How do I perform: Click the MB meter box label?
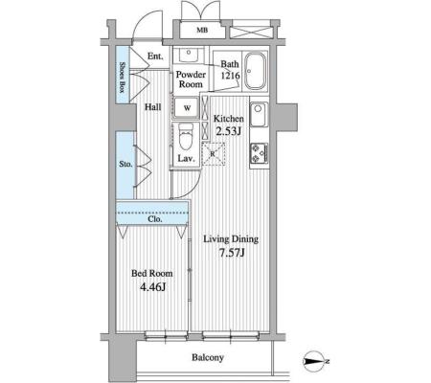point(202,30)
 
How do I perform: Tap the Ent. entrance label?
point(155,56)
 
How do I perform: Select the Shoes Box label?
point(122,78)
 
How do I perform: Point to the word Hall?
point(153,107)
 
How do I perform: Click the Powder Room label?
point(191,79)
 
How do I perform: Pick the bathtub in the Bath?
point(255,71)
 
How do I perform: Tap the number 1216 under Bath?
point(230,76)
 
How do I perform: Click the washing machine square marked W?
point(187,107)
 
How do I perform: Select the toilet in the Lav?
point(186,136)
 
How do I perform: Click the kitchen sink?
point(259,114)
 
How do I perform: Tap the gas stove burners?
point(259,152)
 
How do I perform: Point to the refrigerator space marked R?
point(214,154)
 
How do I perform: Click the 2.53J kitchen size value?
point(228,130)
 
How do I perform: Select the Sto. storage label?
point(125,164)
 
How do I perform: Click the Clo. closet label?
point(155,219)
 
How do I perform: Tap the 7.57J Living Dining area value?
point(232,253)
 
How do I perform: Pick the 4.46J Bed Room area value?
point(153,287)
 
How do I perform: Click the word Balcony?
point(208,357)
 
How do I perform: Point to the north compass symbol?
point(314,361)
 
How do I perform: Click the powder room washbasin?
point(188,55)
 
